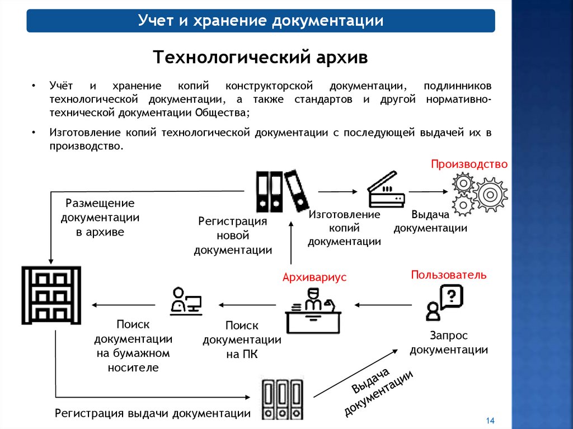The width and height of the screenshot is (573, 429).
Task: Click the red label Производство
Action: click(x=469, y=164)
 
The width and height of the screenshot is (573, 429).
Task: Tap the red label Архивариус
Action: click(x=314, y=277)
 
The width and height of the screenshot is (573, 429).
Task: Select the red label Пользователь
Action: click(x=449, y=275)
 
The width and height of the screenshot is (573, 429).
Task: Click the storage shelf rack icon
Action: click(x=51, y=295)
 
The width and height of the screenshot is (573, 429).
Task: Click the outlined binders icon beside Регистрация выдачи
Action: click(x=282, y=398)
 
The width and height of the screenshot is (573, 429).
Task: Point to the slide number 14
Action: click(x=491, y=421)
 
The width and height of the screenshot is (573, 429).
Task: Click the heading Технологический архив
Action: click(x=261, y=57)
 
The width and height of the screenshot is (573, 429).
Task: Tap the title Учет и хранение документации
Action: click(x=261, y=21)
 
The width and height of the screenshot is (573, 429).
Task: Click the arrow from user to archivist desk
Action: click(x=383, y=305)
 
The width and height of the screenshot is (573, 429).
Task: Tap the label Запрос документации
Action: click(x=449, y=342)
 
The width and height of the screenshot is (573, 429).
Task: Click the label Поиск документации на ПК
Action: click(x=242, y=340)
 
